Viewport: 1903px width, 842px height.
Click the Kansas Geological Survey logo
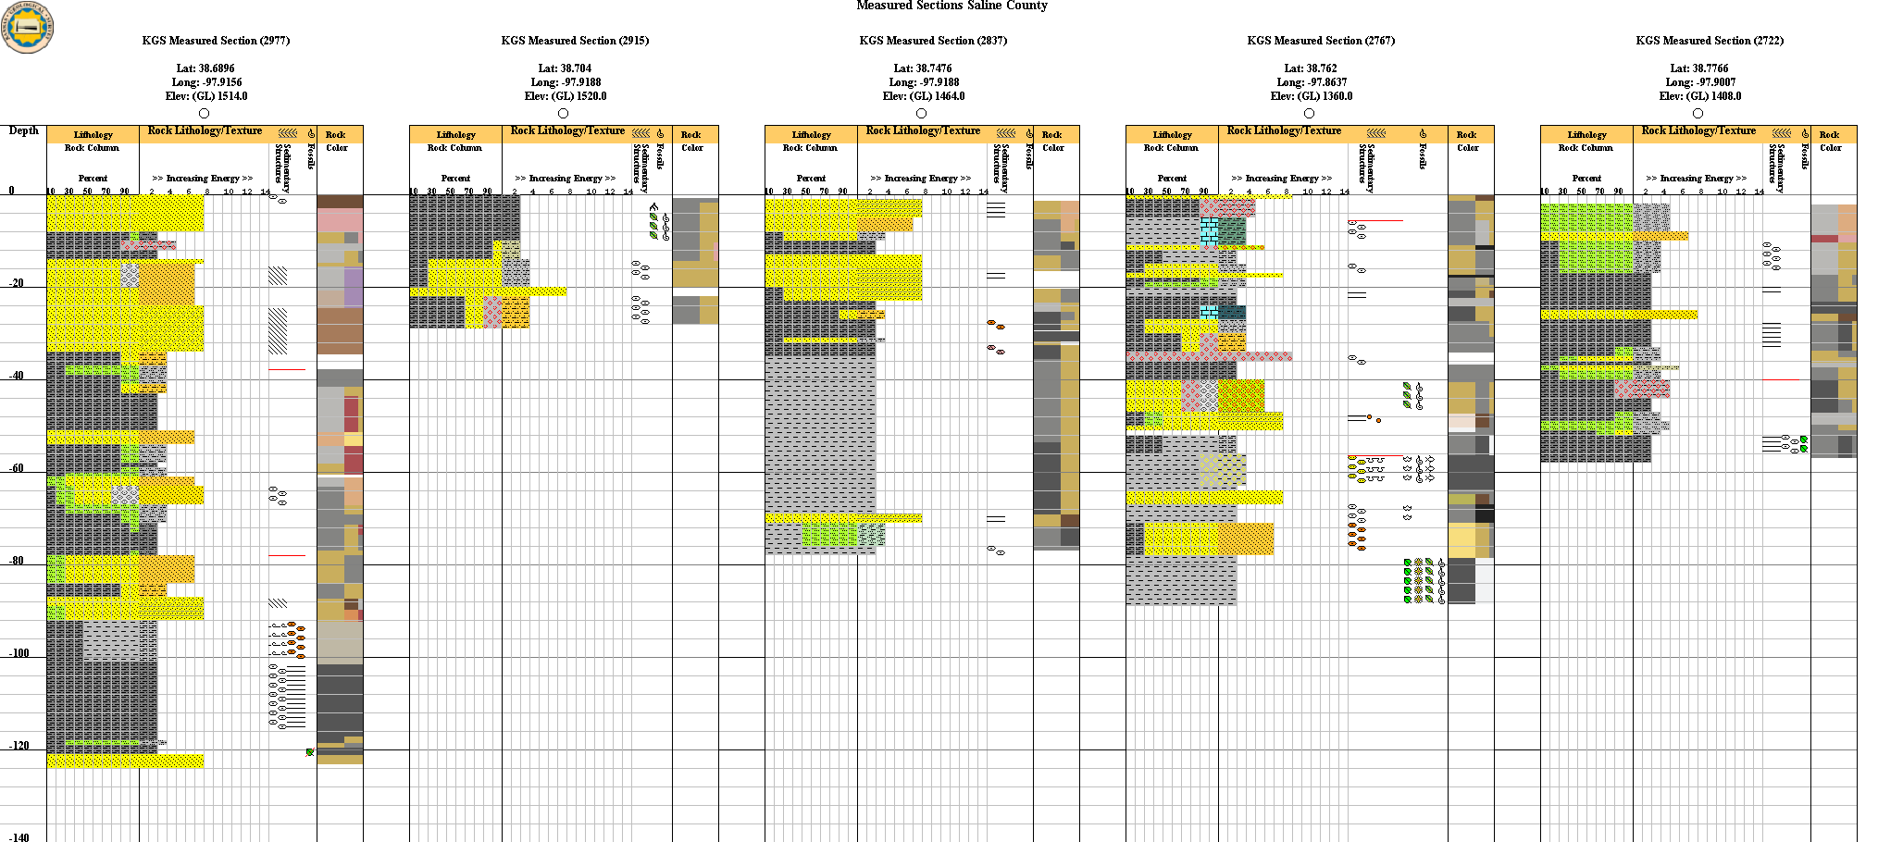click(28, 26)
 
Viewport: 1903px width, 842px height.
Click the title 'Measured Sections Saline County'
click(951, 6)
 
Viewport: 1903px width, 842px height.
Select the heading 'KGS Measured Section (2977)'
click(216, 41)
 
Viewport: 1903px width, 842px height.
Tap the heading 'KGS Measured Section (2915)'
click(575, 41)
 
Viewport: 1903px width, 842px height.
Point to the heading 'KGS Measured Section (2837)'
click(933, 41)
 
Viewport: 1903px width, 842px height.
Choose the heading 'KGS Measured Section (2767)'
click(1321, 41)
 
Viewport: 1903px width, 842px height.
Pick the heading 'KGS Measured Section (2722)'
click(1710, 41)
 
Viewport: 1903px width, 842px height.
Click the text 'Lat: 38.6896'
click(205, 68)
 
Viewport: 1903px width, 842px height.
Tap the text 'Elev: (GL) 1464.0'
click(924, 96)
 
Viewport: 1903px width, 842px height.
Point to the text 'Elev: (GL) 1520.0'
click(566, 96)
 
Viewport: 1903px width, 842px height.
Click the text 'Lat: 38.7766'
click(1699, 68)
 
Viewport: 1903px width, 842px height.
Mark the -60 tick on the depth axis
click(17, 469)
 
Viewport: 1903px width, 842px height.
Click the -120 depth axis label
click(19, 746)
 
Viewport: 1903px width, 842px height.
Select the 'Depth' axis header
click(24, 130)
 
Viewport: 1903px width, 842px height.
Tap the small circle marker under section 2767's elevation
click(1309, 113)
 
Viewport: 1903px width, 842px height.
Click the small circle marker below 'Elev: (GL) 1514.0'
click(205, 113)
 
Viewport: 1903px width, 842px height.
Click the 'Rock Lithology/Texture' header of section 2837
click(923, 130)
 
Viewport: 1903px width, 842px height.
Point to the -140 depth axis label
click(19, 837)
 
